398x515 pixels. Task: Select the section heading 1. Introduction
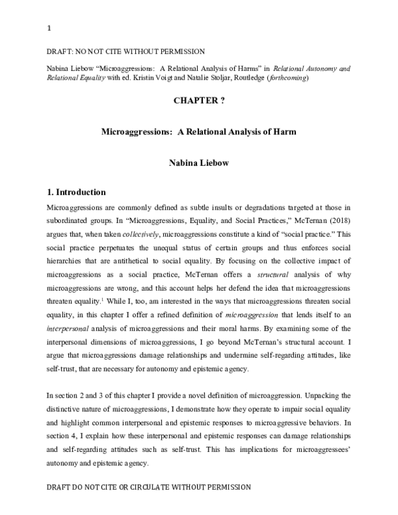point(76,193)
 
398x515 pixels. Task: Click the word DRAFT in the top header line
point(58,52)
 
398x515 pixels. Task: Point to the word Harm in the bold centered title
point(286,132)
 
